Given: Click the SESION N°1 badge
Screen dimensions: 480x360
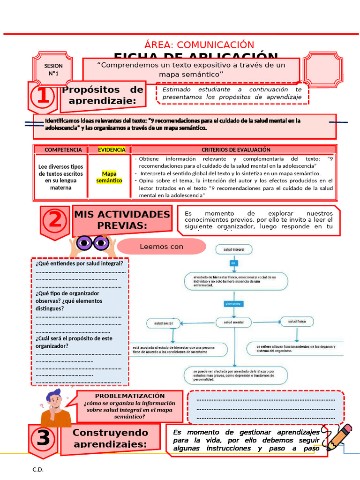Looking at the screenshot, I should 53,70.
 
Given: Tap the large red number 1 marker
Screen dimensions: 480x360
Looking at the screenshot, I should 43,97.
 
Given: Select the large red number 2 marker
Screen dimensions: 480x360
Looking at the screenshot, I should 55,220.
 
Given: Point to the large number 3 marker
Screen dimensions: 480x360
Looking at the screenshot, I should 43,439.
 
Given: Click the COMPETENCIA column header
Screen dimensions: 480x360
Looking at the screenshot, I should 60,150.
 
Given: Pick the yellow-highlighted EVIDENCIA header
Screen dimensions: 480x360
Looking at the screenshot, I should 112,150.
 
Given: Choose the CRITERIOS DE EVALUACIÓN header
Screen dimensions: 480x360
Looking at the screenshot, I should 236,150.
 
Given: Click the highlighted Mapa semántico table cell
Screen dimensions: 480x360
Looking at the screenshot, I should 109,177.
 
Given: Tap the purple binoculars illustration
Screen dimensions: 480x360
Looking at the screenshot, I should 92,243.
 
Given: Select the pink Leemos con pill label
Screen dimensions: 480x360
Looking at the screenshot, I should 161,247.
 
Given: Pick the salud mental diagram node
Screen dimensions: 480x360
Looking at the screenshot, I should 233,322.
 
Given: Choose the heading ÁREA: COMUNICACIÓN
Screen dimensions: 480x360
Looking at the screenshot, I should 199,45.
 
